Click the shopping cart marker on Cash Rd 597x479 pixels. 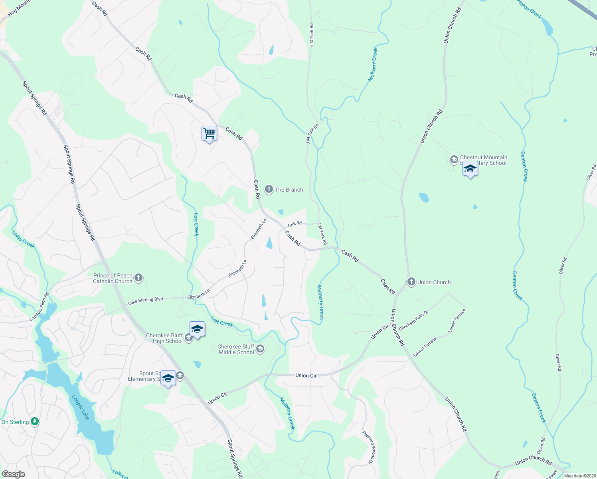209,133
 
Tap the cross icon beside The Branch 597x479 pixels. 269,189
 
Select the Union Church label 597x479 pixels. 434,282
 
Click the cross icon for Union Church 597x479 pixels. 411,282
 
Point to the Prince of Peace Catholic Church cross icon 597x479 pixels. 138,278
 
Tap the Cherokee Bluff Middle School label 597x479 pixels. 236,349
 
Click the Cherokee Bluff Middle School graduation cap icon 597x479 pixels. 260,349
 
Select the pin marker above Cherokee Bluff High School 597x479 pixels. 197,329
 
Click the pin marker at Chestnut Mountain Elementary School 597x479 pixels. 470,169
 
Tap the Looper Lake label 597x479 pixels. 81,407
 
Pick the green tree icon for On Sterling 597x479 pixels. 35,422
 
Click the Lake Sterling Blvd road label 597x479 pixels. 145,301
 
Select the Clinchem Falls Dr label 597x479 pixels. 413,320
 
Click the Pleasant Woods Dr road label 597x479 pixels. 369,447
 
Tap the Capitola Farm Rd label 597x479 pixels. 40,307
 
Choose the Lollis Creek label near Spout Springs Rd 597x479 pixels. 23,239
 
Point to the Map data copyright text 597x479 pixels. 580,476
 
